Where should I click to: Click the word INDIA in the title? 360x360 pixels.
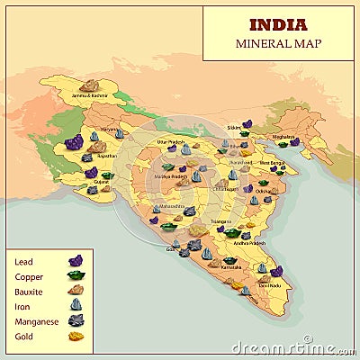(277, 24)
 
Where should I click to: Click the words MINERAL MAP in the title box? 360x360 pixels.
(277, 42)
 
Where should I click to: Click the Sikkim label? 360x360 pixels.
(234, 128)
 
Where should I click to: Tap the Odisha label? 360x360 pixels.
(262, 192)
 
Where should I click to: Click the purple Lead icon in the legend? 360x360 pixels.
(76, 261)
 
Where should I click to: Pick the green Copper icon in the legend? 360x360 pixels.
(76, 275)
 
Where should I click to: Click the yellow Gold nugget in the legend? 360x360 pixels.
(76, 337)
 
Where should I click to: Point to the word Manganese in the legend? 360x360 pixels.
(36, 321)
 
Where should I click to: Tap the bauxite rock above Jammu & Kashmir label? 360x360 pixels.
(88, 85)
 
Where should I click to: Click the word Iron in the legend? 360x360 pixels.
(22, 306)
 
